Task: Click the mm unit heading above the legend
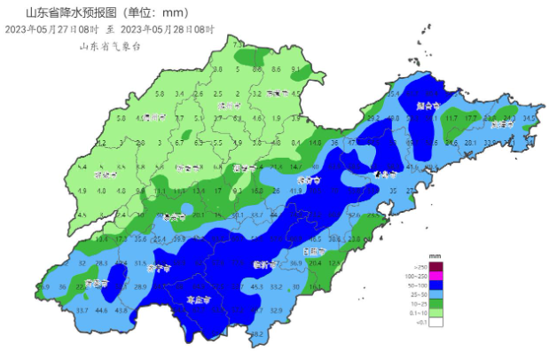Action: pyautogui.click(x=435, y=255)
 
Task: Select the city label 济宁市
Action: pyautogui.click(x=158, y=267)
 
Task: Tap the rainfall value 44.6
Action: pyautogui.click(x=102, y=309)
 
